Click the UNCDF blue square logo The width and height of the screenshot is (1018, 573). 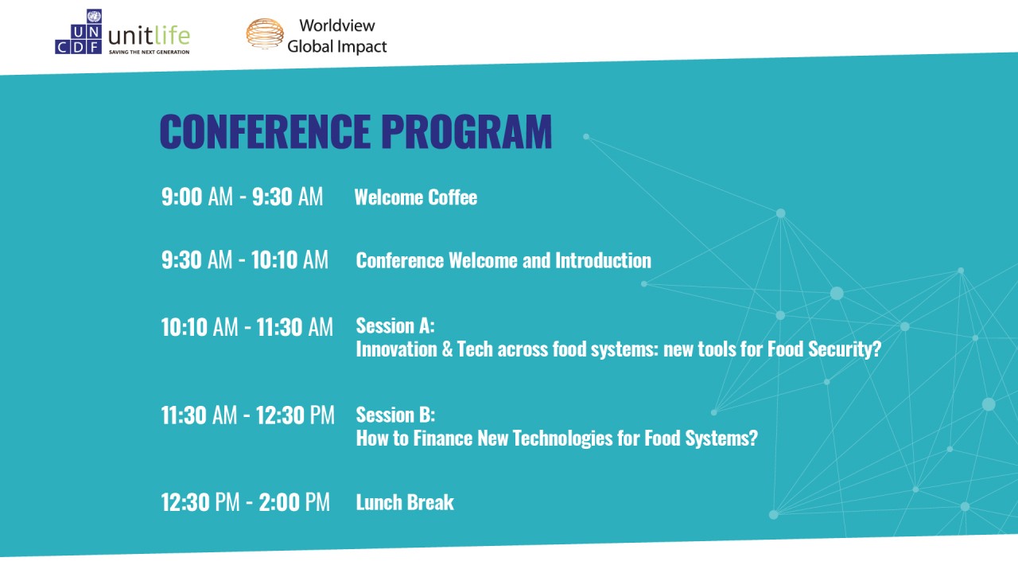pyautogui.click(x=78, y=32)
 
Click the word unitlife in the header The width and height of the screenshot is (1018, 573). pyautogui.click(x=149, y=36)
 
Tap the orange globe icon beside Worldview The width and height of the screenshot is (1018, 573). pyautogui.click(x=265, y=33)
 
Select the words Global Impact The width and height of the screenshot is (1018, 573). pyautogui.click(x=336, y=46)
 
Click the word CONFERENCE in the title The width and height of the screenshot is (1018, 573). pyautogui.click(x=265, y=131)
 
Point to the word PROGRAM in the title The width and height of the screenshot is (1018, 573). pyautogui.click(x=466, y=131)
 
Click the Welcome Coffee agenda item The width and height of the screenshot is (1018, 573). pyautogui.click(x=416, y=197)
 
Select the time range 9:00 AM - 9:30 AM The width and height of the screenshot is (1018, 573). pyautogui.click(x=243, y=197)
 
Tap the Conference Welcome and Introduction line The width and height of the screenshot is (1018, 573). pyautogui.click(x=503, y=260)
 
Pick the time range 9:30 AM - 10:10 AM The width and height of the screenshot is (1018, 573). pyautogui.click(x=244, y=260)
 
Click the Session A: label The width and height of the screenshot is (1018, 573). pyautogui.click(x=395, y=325)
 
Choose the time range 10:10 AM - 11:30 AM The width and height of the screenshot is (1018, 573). pyautogui.click(x=247, y=327)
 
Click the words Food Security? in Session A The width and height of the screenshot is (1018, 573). pyautogui.click(x=825, y=349)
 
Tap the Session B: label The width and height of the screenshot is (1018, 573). pyautogui.click(x=395, y=415)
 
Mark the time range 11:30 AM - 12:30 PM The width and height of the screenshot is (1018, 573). pyautogui.click(x=247, y=415)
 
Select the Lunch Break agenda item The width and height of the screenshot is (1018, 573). pyautogui.click(x=405, y=502)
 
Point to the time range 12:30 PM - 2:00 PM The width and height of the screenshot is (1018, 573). pyautogui.click(x=246, y=502)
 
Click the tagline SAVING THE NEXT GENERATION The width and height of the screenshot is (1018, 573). pyautogui.click(x=149, y=53)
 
